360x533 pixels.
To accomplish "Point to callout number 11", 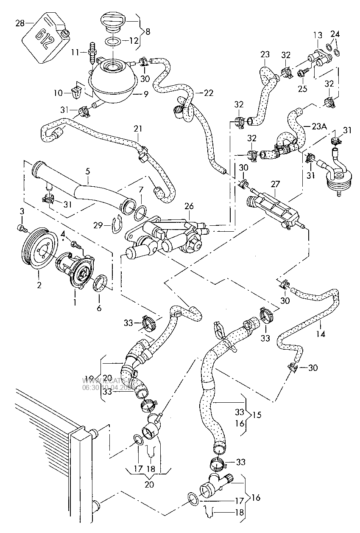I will (75, 52).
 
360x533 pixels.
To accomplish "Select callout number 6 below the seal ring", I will (99, 309).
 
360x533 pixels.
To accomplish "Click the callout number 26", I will (189, 207).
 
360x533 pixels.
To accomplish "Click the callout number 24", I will (335, 34).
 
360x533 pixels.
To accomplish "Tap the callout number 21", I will (138, 128).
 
